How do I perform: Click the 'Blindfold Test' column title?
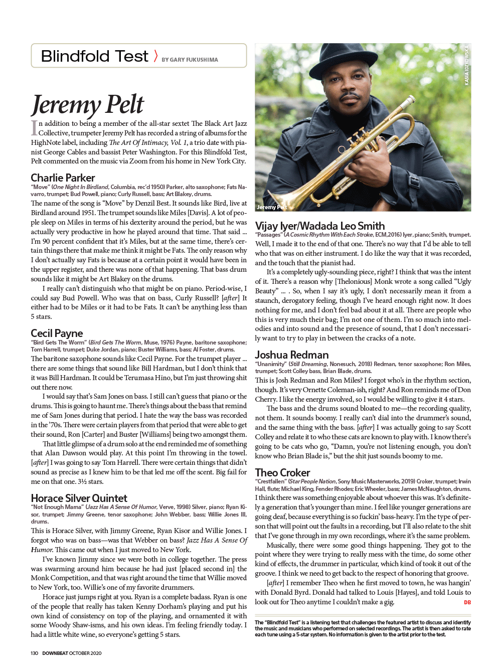[x=94, y=56]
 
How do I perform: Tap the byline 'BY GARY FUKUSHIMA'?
[x=190, y=60]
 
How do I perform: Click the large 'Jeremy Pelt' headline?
[x=87, y=104]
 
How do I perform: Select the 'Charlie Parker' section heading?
[x=63, y=178]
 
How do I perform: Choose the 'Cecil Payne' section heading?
[x=57, y=333]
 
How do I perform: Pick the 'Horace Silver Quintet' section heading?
[x=79, y=498]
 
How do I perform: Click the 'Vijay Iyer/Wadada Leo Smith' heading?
[x=320, y=226]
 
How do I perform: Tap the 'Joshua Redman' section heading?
[x=292, y=355]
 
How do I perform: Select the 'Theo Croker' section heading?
[x=282, y=472]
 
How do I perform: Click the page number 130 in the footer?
[x=34, y=653]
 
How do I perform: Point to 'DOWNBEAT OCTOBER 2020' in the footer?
[x=72, y=653]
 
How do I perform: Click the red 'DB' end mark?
[x=467, y=602]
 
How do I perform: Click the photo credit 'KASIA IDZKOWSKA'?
[x=466, y=65]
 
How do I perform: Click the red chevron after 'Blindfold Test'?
[x=155, y=56]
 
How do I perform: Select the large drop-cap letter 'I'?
[x=34, y=127]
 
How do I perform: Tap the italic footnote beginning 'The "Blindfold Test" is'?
[x=363, y=628]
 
